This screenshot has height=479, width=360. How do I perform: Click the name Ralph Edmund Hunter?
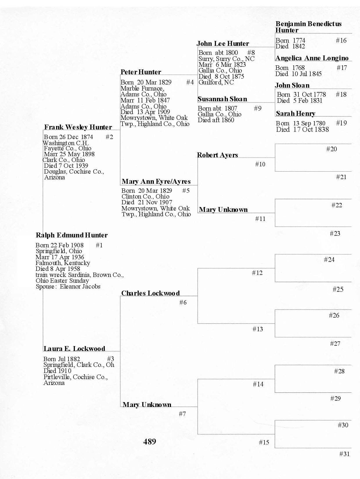(71, 235)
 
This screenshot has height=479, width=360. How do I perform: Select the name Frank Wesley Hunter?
(78, 127)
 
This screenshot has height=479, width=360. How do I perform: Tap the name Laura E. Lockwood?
(74, 349)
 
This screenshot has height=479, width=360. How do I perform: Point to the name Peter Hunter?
(141, 72)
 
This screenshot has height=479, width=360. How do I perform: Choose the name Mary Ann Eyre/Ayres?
(156, 182)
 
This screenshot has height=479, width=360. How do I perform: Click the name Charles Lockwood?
(150, 293)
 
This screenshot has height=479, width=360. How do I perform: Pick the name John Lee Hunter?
(223, 44)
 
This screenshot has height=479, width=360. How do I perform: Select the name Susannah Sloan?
(222, 99)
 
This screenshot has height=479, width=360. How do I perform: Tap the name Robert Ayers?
(217, 155)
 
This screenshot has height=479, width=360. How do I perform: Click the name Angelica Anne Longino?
(312, 58)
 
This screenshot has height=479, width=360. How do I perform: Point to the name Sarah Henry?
(295, 114)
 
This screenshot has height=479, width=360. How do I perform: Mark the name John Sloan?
(292, 85)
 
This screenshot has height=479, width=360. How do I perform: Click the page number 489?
(150, 442)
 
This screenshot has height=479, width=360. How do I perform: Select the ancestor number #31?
(344, 454)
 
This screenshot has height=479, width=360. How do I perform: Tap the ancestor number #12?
(257, 273)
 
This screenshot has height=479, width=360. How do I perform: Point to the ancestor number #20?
(332, 149)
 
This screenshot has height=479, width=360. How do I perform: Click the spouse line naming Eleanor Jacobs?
(68, 287)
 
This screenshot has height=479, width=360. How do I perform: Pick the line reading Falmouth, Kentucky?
(63, 263)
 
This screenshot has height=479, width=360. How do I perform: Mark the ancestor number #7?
(182, 414)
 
